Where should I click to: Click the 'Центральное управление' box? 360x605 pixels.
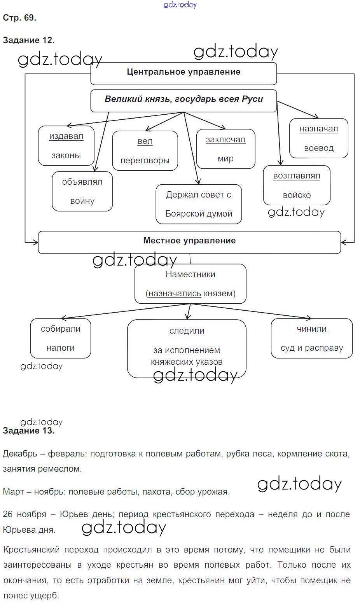[x=183, y=73]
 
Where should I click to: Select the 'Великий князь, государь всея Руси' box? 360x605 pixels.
[x=183, y=101]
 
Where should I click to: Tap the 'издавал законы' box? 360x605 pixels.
[x=66, y=146]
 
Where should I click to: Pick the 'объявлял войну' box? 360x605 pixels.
[x=82, y=191]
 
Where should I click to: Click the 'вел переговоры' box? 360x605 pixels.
[x=145, y=151]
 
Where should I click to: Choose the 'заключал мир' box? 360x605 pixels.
[x=225, y=149]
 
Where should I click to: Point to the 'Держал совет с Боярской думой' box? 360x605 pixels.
[x=199, y=204]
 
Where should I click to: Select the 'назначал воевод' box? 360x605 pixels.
[x=318, y=138]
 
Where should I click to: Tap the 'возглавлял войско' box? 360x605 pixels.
[x=297, y=185]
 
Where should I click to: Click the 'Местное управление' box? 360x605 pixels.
[x=189, y=242]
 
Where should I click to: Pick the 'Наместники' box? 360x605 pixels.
[x=190, y=284]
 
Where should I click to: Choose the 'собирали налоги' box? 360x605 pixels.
[x=60, y=338]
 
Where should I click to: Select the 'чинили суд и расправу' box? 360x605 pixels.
[x=311, y=338]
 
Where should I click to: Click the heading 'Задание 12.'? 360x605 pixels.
[x=28, y=40]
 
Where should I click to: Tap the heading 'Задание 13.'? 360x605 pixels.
[x=28, y=431]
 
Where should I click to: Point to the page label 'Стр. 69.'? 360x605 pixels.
[x=19, y=18]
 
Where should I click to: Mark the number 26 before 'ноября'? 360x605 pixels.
[x=8, y=514]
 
